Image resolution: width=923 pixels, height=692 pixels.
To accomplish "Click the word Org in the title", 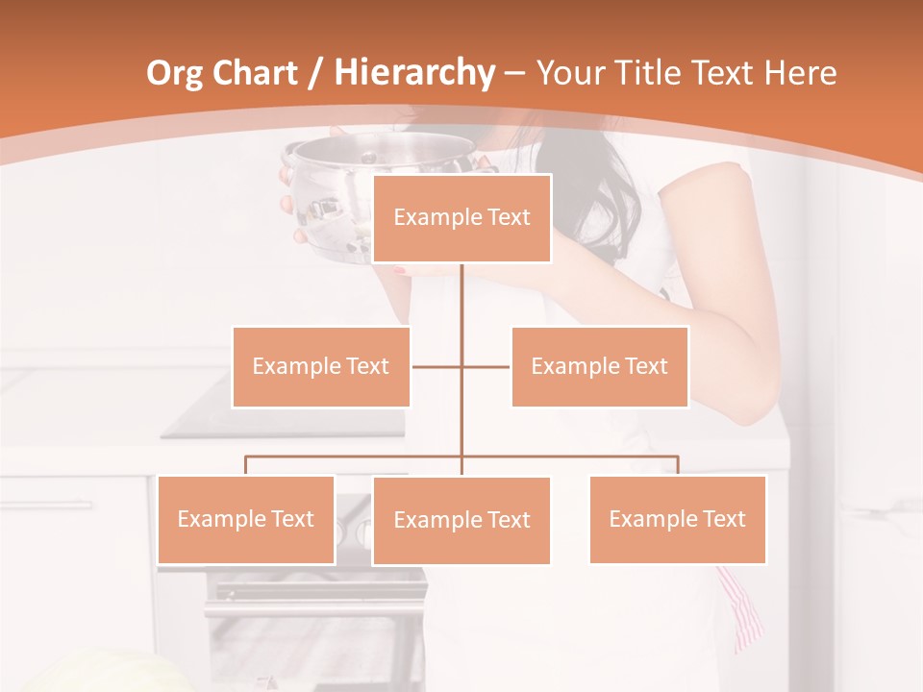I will [x=175, y=73].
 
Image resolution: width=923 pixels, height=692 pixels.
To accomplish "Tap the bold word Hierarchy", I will [x=413, y=73].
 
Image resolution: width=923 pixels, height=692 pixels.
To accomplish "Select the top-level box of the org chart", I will [x=461, y=218].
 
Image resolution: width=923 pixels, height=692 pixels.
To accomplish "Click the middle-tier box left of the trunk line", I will [x=320, y=366].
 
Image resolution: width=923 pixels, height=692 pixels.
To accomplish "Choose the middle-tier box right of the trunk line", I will [x=599, y=366].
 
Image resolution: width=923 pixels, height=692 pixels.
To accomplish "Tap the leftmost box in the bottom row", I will [x=245, y=519].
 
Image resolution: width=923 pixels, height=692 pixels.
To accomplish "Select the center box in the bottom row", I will [x=461, y=520].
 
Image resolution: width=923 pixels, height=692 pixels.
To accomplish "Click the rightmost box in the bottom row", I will [x=677, y=519].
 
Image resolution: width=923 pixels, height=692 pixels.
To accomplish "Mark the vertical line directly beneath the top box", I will [x=461, y=298].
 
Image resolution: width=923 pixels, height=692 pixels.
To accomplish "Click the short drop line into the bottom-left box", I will [x=245, y=465].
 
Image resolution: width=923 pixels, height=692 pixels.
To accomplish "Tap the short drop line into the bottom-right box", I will [x=678, y=465].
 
